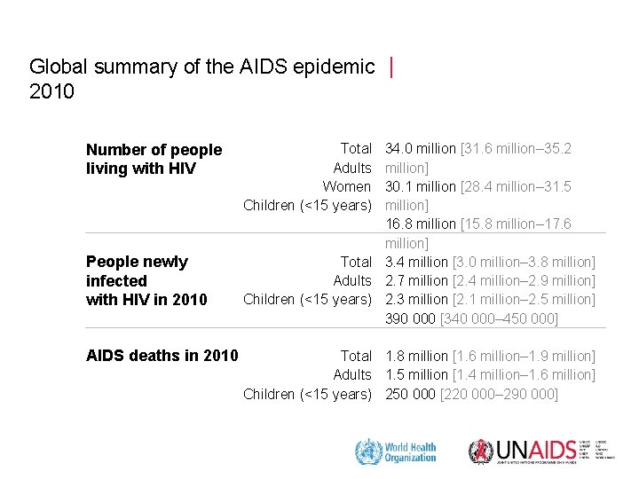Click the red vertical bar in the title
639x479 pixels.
391,67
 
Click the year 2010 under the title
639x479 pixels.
52,91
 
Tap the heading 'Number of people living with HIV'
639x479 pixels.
154,159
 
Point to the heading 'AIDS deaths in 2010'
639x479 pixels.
162,356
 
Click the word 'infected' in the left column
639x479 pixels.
116,280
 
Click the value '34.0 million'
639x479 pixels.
421,149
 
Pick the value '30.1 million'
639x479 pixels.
421,186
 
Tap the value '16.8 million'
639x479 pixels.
421,224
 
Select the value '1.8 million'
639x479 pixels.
416,356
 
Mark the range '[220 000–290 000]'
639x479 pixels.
499,393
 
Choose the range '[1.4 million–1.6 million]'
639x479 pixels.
523,374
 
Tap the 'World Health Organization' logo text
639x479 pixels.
410,452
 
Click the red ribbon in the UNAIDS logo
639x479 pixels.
480,452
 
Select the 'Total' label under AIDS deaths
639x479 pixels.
356,356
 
